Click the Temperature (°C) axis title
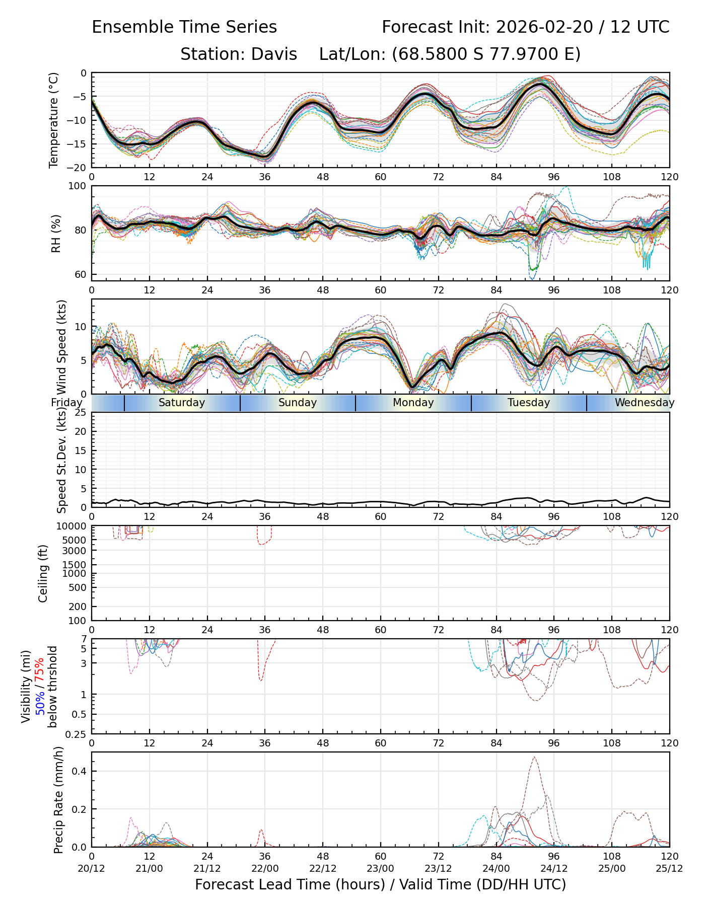click(54, 120)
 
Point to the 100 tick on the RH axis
click(78, 186)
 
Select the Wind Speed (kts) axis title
click(62, 347)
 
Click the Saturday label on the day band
click(182, 403)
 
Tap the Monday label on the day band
click(413, 403)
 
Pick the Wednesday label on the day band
click(644, 403)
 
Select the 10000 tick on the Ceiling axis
click(74, 526)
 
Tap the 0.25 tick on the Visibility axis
click(77, 734)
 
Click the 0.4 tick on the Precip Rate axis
click(79, 772)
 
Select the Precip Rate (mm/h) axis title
click(58, 803)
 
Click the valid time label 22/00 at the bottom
click(265, 868)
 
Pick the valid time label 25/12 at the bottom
click(669, 868)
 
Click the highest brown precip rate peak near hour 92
click(534, 758)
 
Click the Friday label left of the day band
click(66, 403)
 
